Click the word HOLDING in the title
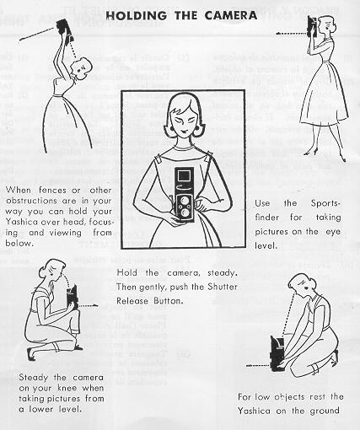tap(136, 15)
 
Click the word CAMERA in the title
tap(231, 15)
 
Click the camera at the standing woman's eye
tap(313, 27)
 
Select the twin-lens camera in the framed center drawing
tap(184, 196)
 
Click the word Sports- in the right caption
tap(325, 203)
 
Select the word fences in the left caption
tap(52, 190)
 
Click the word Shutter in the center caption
tap(223, 287)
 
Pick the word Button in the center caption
tap(168, 301)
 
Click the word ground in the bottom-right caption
tap(325, 411)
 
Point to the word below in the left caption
tap(19, 243)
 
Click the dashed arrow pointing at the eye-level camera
tap(291, 34)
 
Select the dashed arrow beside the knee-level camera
tap(89, 305)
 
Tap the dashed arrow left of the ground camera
tap(258, 366)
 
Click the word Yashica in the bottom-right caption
tap(255, 411)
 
